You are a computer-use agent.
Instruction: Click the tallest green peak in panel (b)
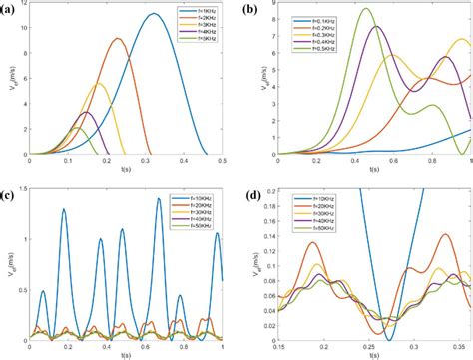(x=366, y=9)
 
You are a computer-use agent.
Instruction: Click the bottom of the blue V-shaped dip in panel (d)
(x=387, y=341)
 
